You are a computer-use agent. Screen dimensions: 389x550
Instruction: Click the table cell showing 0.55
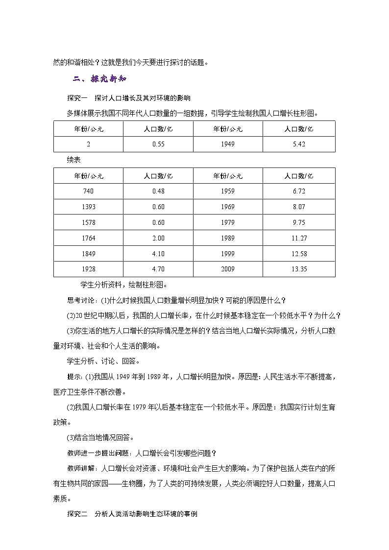[x=158, y=144]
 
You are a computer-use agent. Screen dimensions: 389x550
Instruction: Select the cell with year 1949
[x=228, y=144]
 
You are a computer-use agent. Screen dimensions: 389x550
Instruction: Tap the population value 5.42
[x=299, y=144]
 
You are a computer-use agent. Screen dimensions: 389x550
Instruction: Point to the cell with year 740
[x=88, y=191]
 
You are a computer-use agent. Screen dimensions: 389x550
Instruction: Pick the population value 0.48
[x=158, y=191]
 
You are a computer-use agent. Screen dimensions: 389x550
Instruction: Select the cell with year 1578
[x=88, y=222]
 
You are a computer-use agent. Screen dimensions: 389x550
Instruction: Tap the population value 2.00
[x=158, y=238]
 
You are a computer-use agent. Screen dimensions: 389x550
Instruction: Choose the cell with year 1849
[x=88, y=254]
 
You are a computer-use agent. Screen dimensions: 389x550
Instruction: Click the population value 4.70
[x=158, y=269]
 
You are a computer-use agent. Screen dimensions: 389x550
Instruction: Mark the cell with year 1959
[x=228, y=191]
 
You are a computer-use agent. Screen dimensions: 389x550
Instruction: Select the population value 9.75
[x=299, y=222]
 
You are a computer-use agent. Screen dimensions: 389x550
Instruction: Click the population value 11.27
[x=299, y=238]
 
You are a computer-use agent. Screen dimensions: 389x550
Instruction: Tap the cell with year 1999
[x=228, y=254]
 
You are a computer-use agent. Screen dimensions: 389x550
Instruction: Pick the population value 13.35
[x=299, y=269]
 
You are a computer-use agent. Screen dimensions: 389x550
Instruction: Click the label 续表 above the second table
[x=74, y=160]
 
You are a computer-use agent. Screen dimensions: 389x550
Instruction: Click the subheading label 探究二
[x=76, y=514]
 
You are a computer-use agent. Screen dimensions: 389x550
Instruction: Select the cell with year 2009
[x=228, y=269]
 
